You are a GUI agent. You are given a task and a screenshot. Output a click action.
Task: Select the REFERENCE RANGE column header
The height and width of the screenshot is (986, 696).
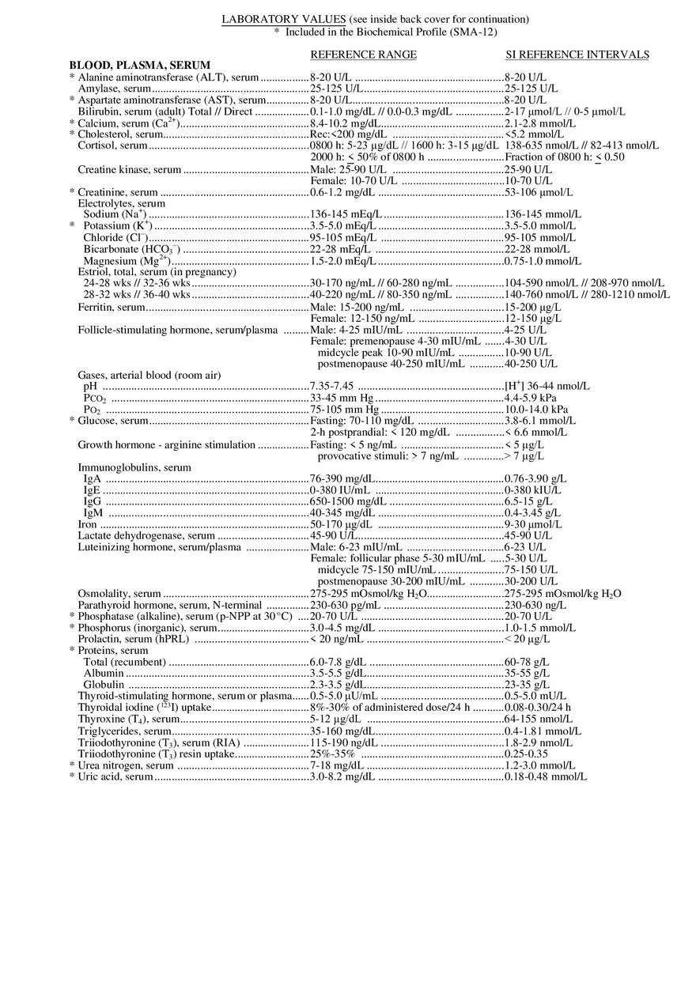click(x=363, y=55)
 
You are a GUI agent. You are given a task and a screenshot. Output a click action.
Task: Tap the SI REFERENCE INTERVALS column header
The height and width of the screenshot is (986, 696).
click(x=577, y=55)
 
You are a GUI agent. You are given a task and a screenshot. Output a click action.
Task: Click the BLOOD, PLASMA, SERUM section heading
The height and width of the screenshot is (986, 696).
click(x=140, y=66)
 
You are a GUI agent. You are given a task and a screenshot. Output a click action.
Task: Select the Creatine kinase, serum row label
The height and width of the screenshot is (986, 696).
click(x=129, y=169)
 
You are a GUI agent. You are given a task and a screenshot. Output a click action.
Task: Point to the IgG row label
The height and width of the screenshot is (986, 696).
click(x=92, y=501)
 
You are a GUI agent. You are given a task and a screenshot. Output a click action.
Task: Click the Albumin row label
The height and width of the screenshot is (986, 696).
click(x=104, y=673)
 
